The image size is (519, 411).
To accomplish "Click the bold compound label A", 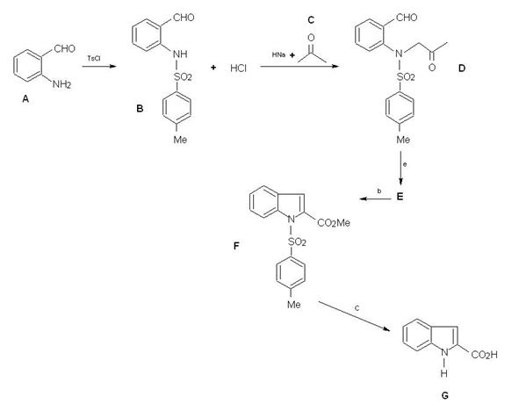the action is [x=25, y=98].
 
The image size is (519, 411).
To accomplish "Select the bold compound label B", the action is [x=140, y=109].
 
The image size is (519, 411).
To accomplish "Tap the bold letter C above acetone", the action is [x=311, y=20].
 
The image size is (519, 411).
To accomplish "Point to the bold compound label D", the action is [x=462, y=68].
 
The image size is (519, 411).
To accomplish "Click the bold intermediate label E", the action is [x=400, y=197].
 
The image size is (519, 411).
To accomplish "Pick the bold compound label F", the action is [x=236, y=246].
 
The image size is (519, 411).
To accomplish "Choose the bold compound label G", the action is [x=445, y=395].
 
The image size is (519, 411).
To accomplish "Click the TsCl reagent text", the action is [x=94, y=59].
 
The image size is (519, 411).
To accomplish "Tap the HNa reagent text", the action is [x=278, y=54].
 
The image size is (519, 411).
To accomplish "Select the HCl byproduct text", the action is [x=238, y=68].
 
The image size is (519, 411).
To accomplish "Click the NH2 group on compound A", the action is [x=61, y=84].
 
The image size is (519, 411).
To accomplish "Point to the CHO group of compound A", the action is [x=64, y=49].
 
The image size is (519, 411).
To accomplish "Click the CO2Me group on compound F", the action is [x=334, y=223].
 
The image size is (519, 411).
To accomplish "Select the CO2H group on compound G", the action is [x=484, y=355].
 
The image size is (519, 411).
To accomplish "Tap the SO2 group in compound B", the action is [x=183, y=77].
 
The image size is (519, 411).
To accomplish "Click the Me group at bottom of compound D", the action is [x=403, y=140].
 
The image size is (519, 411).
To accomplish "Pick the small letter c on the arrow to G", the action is [x=357, y=308].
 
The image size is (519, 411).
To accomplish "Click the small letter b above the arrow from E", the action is [x=379, y=191].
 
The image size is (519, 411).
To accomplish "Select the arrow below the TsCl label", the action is [x=99, y=67].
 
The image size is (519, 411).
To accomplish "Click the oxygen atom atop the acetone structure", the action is [x=311, y=38].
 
